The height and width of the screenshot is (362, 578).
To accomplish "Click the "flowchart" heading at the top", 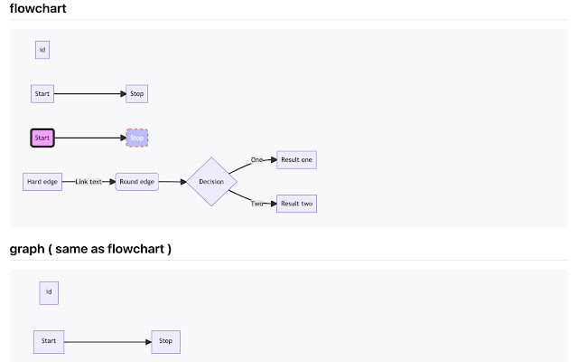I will click(x=38, y=9).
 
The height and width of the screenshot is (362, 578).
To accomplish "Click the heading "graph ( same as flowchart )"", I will click(x=90, y=249).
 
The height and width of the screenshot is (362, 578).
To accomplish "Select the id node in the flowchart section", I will click(x=42, y=50).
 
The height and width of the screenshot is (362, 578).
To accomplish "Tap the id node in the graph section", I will click(x=49, y=292).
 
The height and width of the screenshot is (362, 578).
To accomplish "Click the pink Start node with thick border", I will click(x=42, y=138).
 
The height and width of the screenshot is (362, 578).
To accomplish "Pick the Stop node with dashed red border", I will click(x=137, y=138).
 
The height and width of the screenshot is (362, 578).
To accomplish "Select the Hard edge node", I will click(x=42, y=182).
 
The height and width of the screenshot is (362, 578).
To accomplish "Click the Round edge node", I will click(x=137, y=182).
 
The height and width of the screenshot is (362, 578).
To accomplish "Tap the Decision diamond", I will click(x=211, y=182).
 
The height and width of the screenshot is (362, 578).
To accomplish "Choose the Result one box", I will click(x=296, y=160).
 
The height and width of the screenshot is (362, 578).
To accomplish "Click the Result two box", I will click(x=296, y=204).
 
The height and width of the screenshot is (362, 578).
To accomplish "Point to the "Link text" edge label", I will click(x=89, y=182).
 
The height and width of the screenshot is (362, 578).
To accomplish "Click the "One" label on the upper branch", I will click(x=256, y=160).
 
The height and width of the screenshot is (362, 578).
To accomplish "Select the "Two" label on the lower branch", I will click(x=256, y=204).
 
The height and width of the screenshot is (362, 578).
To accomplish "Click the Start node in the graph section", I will click(x=49, y=341).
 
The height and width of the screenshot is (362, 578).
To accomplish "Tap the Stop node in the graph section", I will click(x=165, y=341).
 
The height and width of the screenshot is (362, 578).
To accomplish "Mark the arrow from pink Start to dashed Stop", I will click(x=90, y=138).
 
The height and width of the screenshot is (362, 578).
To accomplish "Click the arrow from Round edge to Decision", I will click(x=172, y=182).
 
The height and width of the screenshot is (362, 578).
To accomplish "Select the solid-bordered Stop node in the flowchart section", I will click(x=137, y=93).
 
